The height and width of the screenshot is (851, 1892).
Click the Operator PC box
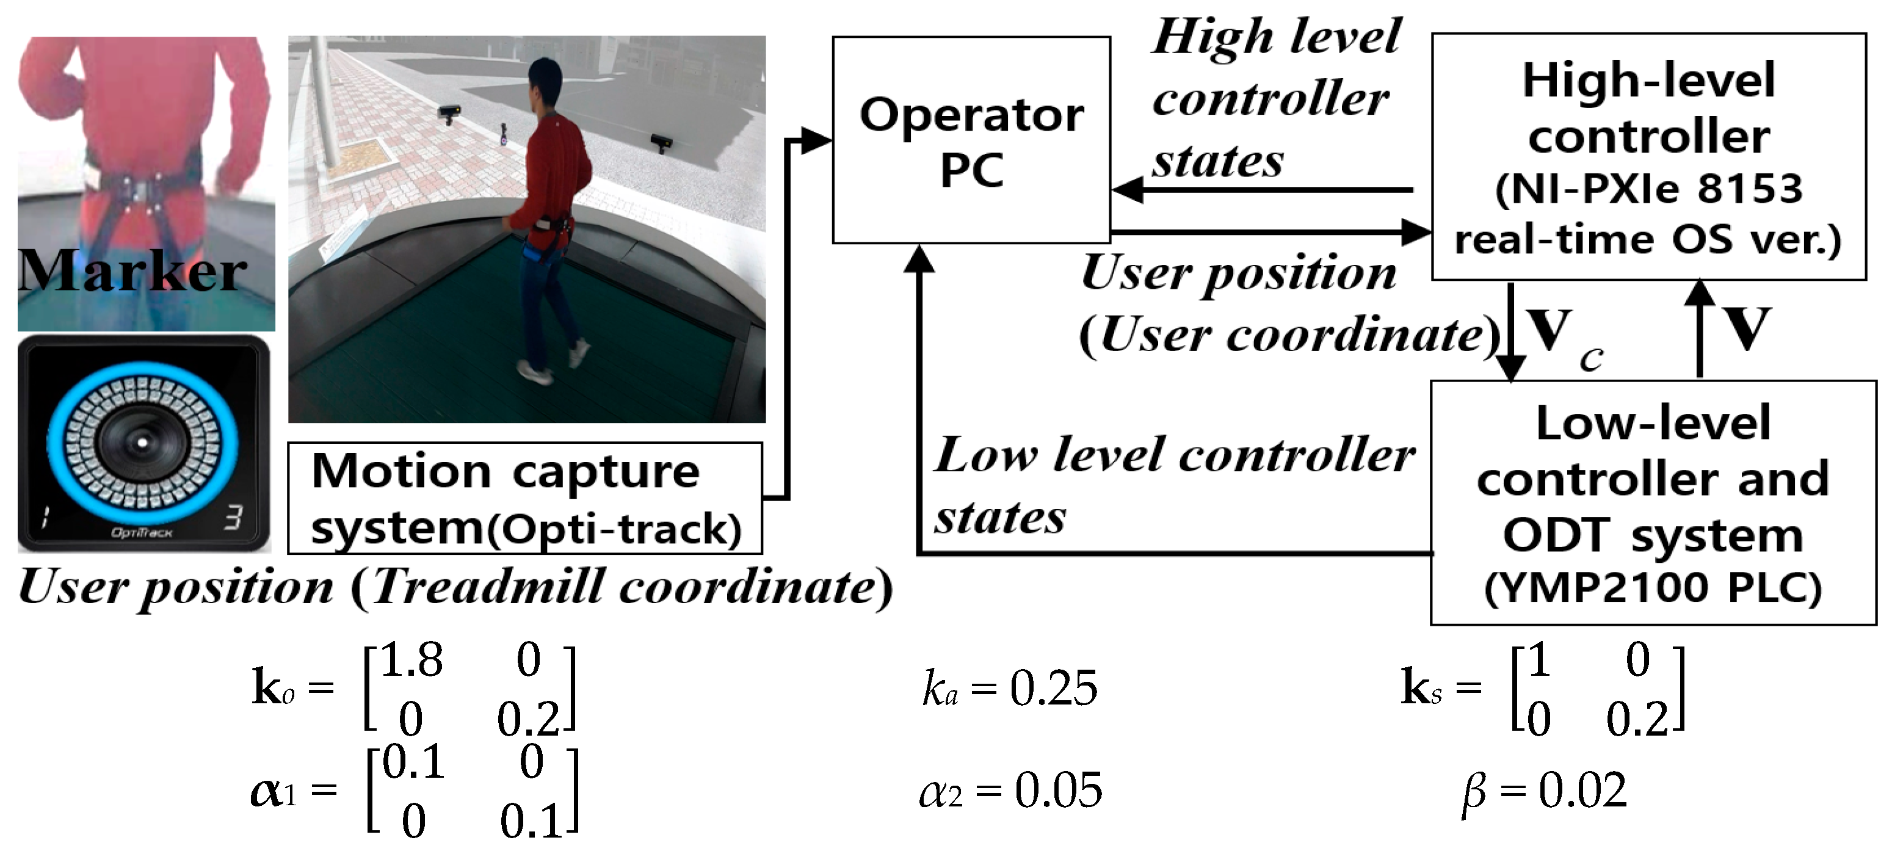coord(970,140)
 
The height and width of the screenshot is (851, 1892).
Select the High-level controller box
coord(1648,156)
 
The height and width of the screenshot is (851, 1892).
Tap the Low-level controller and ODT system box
coord(1653,503)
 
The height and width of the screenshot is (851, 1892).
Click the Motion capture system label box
coord(524,498)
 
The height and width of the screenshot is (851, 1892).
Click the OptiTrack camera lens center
coord(142,442)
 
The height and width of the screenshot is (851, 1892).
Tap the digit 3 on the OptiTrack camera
coord(233,518)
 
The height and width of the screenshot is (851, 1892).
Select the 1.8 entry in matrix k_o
coord(411,659)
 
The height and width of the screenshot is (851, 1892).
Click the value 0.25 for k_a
coord(1053,689)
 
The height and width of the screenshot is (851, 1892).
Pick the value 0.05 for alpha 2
coord(1057,791)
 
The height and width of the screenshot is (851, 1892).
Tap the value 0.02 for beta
coord(1583,791)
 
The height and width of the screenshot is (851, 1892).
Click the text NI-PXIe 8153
coord(1649,189)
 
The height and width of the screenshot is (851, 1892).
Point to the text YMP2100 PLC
coord(1653,589)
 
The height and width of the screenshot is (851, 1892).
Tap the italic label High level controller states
coord(1274,99)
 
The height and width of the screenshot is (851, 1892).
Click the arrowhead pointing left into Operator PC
coord(1128,190)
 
